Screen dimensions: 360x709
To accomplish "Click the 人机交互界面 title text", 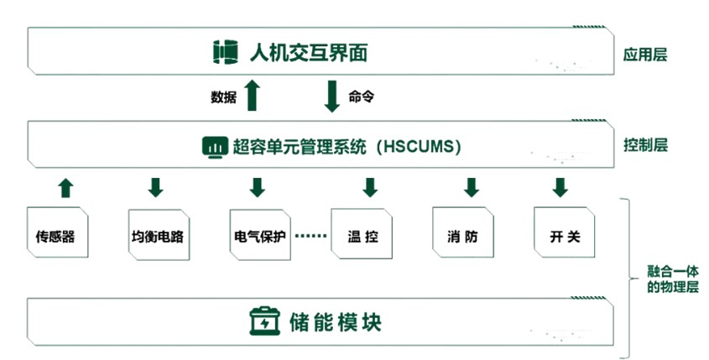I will pos(309,54).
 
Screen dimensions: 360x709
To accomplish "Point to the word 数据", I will pos(223,97).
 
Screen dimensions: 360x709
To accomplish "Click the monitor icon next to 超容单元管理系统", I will pos(215,147).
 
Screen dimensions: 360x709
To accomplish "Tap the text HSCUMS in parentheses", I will pos(418,147).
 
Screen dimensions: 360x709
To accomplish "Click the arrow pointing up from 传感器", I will pos(66,187).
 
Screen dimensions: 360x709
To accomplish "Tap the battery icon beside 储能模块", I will pos(265,321).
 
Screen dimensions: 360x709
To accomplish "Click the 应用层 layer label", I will pos(644,55).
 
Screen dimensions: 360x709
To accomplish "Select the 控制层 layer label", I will pos(644,144).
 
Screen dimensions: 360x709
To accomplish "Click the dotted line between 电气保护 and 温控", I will pos(310,236).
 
